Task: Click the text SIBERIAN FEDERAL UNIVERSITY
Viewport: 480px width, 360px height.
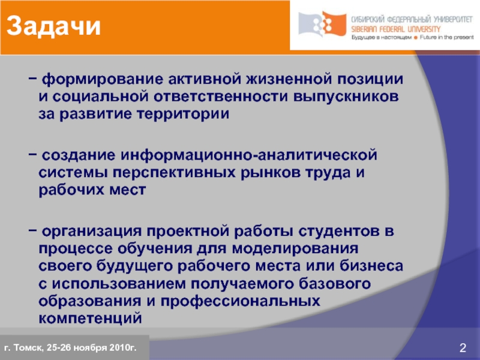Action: pyautogui.click(x=396, y=29)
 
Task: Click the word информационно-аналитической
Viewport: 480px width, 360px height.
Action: pyautogui.click(x=250, y=155)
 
